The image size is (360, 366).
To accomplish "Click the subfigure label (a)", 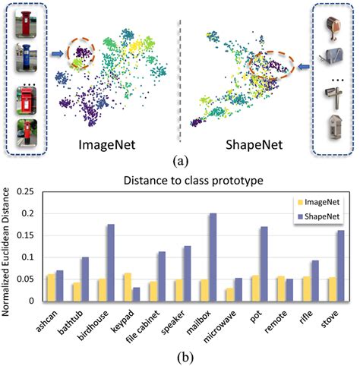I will point(180,161).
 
